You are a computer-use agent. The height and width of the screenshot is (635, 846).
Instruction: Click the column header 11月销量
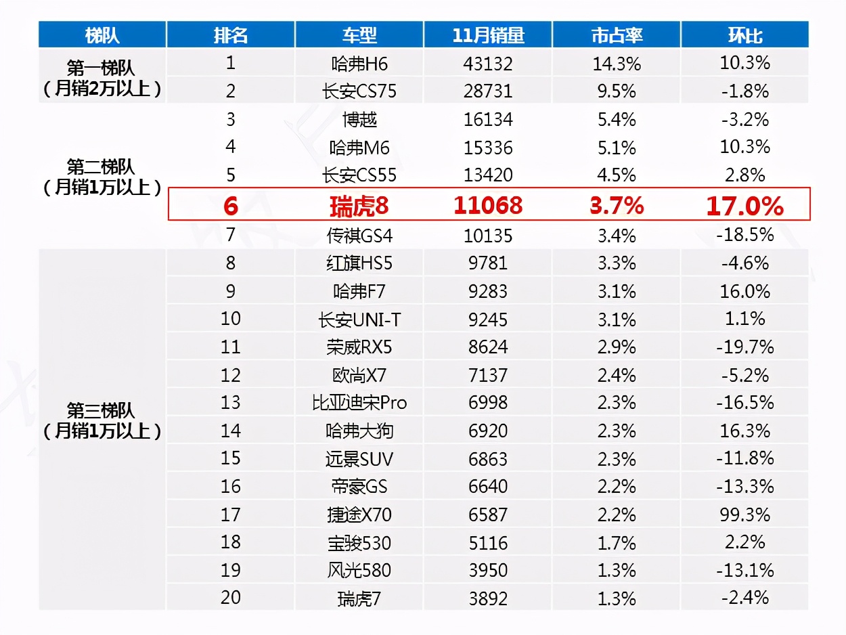[x=488, y=35]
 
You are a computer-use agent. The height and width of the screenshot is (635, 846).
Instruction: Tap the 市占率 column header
[x=617, y=35]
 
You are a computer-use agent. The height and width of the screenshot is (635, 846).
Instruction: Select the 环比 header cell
[x=744, y=35]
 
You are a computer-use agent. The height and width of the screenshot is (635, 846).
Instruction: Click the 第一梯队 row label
[x=102, y=68]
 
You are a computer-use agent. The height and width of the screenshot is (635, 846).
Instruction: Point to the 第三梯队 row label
[x=102, y=411]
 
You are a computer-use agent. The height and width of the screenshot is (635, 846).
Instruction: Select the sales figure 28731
[x=488, y=91]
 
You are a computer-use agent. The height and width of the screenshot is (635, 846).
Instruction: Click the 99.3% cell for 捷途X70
[x=744, y=514]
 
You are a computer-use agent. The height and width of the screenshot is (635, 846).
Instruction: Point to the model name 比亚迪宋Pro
[x=359, y=403]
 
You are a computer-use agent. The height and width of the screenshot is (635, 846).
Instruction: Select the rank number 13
[x=231, y=402]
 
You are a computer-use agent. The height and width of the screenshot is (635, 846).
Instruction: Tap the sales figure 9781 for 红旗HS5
[x=488, y=263]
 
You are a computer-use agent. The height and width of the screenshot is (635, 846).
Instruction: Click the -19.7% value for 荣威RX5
[x=744, y=347]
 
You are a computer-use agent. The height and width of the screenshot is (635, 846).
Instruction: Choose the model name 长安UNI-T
[x=359, y=320]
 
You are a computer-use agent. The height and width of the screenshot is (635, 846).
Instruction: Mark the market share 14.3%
[x=617, y=64]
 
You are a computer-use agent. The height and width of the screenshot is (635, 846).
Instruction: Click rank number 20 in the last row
[x=231, y=598]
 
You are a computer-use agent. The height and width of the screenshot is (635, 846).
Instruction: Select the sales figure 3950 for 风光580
[x=488, y=570]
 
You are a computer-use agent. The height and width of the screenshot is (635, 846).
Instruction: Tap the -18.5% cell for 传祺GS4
[x=744, y=235]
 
